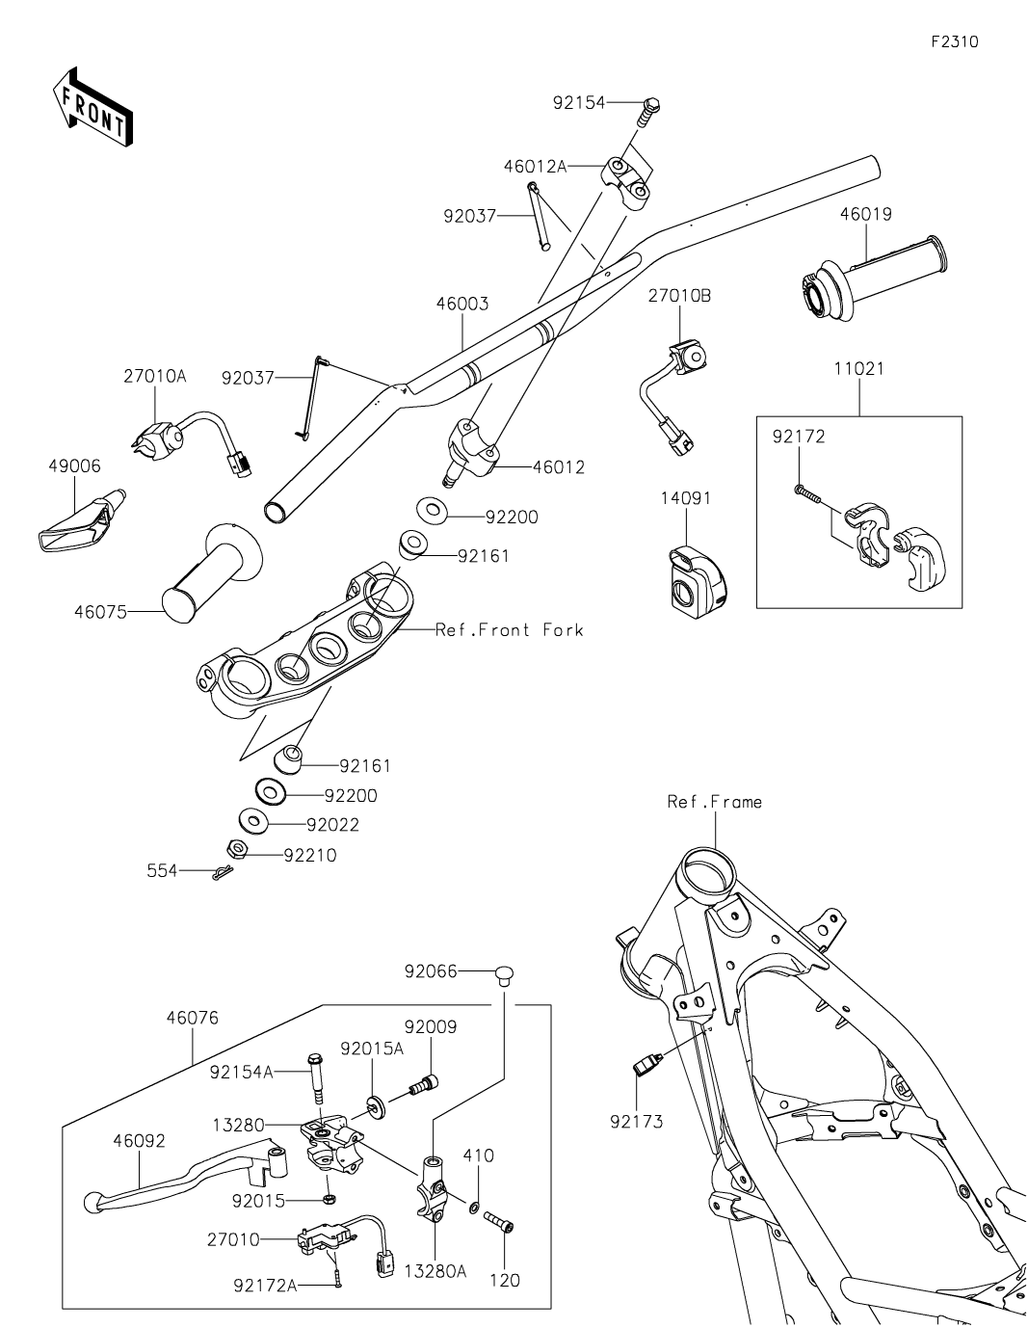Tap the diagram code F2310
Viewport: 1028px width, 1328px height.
954,42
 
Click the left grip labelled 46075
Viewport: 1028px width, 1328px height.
212,575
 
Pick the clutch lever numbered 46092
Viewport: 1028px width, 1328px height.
173,1181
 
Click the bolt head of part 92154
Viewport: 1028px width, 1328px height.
651,102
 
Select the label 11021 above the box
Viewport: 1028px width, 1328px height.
857,368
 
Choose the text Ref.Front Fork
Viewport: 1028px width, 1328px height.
510,629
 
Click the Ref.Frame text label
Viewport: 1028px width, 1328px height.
714,801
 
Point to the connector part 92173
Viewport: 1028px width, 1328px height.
645,1065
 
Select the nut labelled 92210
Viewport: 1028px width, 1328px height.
237,849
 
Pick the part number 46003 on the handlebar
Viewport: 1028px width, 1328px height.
462,304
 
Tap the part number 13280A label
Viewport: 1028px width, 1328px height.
436,1271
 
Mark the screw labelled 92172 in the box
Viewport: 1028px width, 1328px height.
805,492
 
